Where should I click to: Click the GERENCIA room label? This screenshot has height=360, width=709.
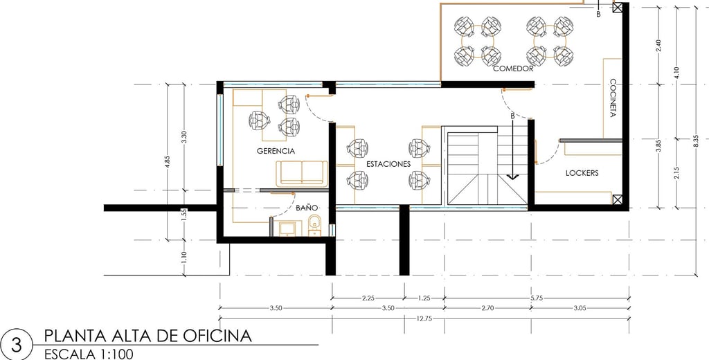276,151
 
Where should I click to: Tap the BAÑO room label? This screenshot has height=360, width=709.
307,208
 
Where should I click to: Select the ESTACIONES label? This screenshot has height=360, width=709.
388,163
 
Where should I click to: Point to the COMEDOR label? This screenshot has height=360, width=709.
513,69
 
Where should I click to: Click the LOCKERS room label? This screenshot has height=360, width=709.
582,173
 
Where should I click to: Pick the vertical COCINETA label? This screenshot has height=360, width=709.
613,98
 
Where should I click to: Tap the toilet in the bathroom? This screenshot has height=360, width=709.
314,225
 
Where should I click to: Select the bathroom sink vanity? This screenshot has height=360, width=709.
287,228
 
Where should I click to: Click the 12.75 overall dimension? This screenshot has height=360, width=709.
424,318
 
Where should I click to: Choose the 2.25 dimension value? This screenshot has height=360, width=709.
368,298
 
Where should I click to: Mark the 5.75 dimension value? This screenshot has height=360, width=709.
537,298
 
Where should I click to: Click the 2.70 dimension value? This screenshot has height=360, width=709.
487,308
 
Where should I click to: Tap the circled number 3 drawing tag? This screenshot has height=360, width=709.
17,345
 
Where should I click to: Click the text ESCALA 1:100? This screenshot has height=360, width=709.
89,354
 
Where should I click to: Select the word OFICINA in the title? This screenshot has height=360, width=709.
217,336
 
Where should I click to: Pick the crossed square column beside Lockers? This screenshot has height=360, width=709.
618,199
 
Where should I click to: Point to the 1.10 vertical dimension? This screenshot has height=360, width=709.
184,258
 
